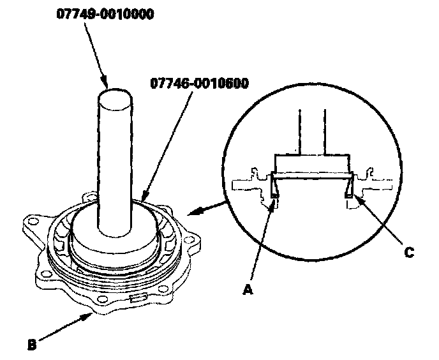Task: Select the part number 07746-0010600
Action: point(200,84)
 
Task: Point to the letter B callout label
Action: point(33,346)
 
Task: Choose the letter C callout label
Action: point(410,251)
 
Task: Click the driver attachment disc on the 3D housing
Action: point(115,236)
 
